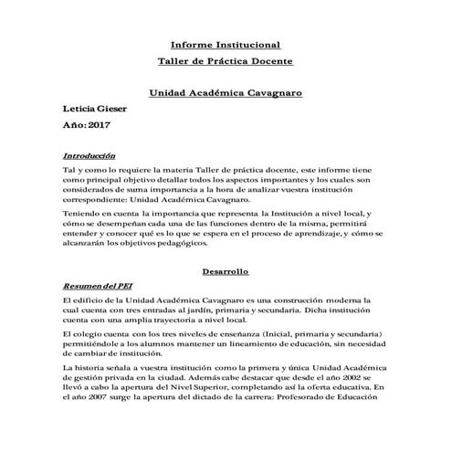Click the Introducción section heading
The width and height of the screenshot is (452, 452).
tap(89, 155)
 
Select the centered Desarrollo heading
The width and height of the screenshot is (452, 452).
tap(226, 271)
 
